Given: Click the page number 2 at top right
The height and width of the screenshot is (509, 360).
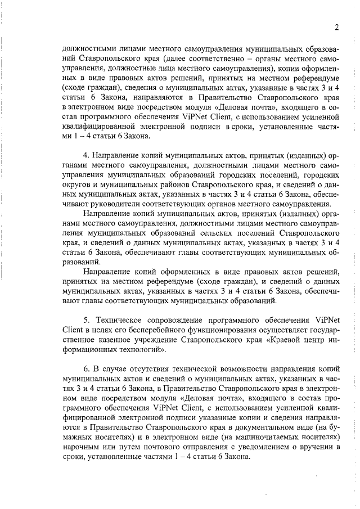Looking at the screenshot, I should pos(336,28).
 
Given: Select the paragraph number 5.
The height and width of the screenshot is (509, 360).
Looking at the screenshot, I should pos(85,320).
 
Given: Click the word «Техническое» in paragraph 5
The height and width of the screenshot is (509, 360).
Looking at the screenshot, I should pos(123,320).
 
